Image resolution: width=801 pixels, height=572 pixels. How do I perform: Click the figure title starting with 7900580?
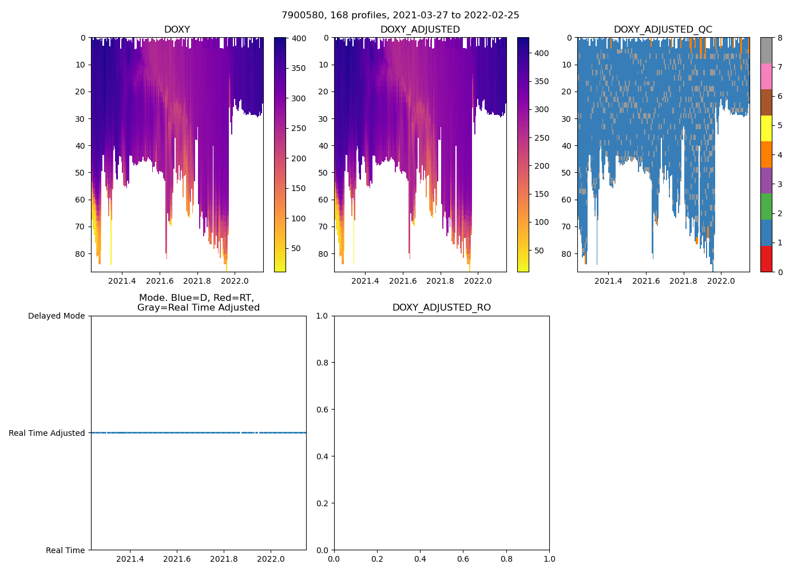(x=400, y=15)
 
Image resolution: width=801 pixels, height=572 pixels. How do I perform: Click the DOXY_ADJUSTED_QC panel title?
(x=663, y=30)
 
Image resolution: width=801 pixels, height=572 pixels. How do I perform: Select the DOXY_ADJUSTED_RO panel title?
(x=441, y=308)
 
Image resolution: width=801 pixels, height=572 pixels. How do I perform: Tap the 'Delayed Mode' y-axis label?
(x=56, y=316)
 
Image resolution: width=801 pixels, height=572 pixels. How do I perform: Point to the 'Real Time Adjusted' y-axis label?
(x=46, y=433)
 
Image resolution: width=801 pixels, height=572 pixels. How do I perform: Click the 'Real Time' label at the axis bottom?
(x=65, y=550)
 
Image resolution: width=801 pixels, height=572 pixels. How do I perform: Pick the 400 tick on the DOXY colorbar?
(x=299, y=38)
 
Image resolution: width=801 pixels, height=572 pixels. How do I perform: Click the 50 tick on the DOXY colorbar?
(x=296, y=248)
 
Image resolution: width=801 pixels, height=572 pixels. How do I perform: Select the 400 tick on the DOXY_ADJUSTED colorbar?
(x=541, y=53)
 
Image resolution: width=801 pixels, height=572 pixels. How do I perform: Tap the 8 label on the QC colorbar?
(x=779, y=38)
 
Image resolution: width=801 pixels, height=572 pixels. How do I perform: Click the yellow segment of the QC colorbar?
(x=766, y=129)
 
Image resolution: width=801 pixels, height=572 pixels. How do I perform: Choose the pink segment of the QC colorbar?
(x=766, y=76)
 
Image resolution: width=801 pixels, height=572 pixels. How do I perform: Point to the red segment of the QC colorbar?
(x=766, y=259)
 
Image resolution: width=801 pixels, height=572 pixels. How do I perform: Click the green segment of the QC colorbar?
(x=766, y=206)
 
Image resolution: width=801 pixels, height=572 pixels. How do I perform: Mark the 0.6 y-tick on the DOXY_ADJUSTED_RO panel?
(x=323, y=410)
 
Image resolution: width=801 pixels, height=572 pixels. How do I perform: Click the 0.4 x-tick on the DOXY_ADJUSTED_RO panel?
(x=420, y=559)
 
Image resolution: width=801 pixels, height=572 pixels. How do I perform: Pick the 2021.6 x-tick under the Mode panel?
(x=177, y=559)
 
